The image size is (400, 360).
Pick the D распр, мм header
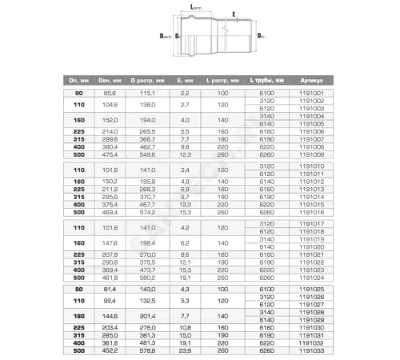(x=148, y=81)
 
